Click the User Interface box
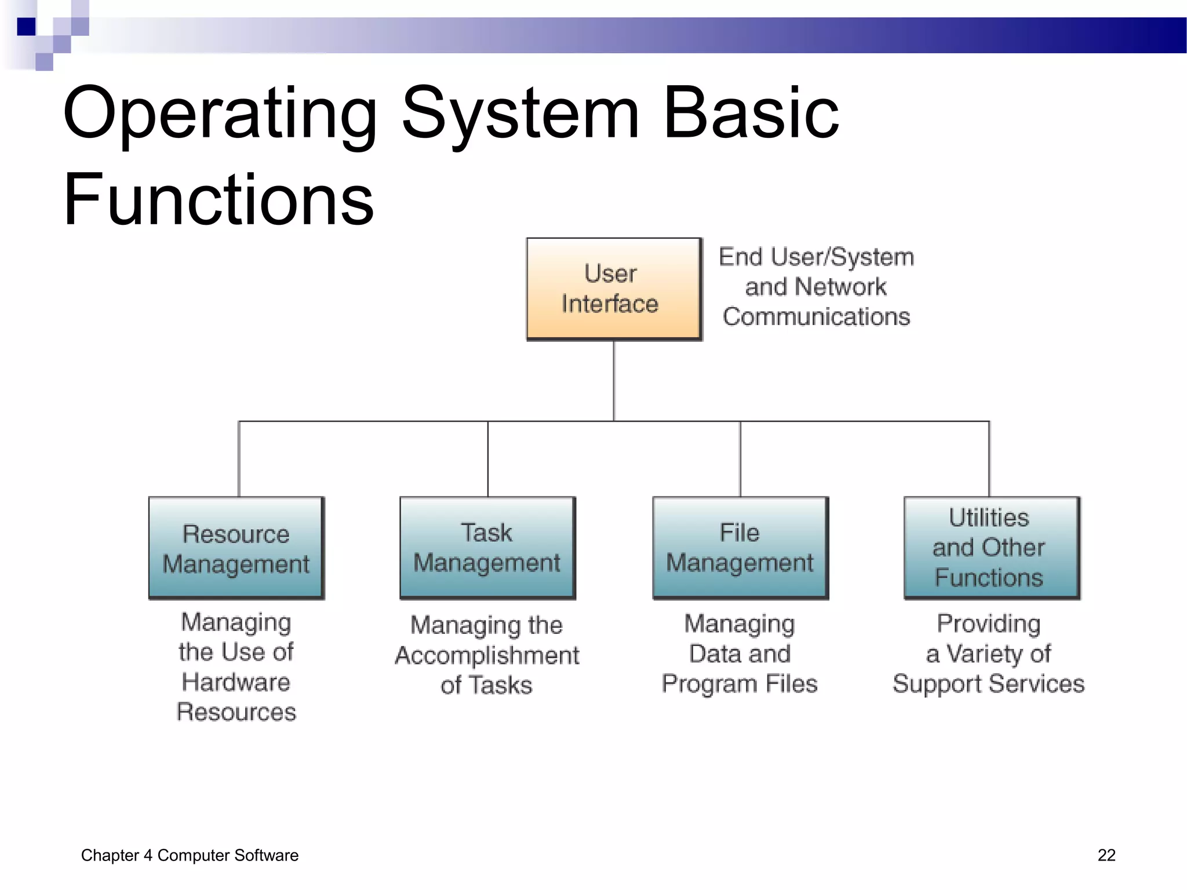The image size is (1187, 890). (x=613, y=289)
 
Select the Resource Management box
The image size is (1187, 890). (x=236, y=548)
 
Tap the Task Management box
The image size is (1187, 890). (x=487, y=548)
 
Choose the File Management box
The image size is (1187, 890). (x=740, y=548)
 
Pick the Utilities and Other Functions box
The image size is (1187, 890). (x=991, y=548)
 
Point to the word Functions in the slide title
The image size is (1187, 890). (x=219, y=200)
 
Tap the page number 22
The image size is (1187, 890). (x=1106, y=855)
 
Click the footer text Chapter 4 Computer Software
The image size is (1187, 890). (x=190, y=855)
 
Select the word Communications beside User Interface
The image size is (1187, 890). (x=816, y=317)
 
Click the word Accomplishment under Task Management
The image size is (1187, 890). (x=487, y=655)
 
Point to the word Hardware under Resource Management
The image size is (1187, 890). (x=236, y=682)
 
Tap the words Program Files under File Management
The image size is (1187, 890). (x=740, y=684)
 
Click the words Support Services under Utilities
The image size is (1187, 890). (x=988, y=684)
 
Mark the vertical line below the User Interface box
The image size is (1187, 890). (x=614, y=380)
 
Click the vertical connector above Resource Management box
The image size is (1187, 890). (x=239, y=458)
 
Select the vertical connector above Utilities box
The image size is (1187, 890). (x=989, y=458)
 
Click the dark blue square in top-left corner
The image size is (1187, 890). (x=26, y=27)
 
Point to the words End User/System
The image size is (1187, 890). (x=816, y=257)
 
